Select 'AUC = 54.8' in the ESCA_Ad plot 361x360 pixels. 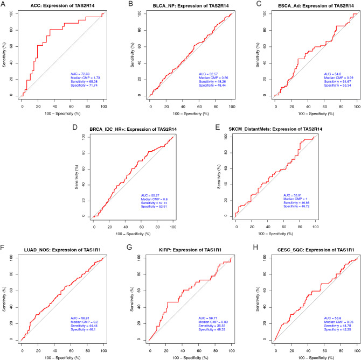tap(331, 73)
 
